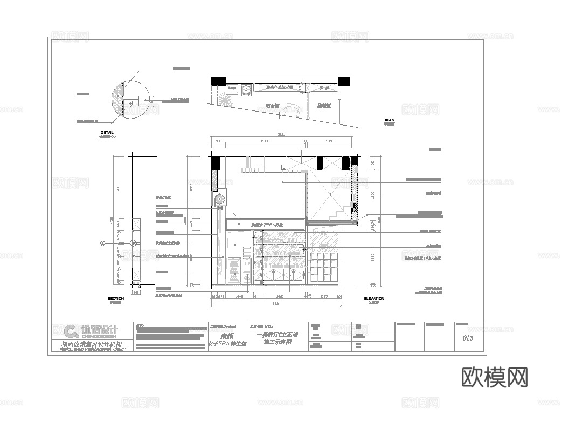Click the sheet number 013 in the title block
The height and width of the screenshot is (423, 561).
click(x=467, y=338)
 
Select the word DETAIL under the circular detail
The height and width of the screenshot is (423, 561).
click(x=107, y=132)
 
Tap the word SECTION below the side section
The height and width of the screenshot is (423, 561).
click(x=116, y=298)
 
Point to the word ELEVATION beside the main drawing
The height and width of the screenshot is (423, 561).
click(x=374, y=298)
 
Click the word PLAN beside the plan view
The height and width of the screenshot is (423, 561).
click(x=389, y=120)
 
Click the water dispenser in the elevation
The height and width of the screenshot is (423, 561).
click(x=247, y=265)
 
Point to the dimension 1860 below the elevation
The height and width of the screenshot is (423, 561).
click(x=280, y=296)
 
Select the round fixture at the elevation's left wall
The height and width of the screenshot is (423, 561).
click(x=220, y=199)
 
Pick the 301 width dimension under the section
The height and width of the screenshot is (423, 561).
click(x=136, y=293)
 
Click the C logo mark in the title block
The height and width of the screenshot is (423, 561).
click(x=71, y=331)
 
